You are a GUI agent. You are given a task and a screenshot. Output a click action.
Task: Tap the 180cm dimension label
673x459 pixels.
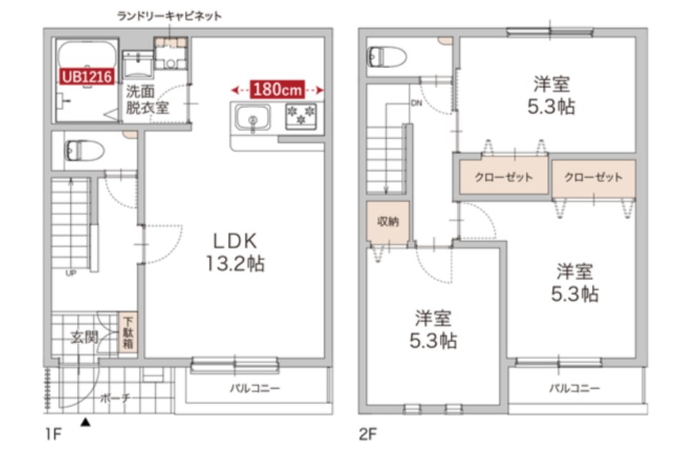[278, 90]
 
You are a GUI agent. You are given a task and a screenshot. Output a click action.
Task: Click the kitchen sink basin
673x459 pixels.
[252, 117]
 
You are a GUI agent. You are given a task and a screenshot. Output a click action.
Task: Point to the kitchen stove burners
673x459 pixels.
[301, 116]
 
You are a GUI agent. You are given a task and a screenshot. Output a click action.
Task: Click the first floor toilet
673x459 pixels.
[84, 151]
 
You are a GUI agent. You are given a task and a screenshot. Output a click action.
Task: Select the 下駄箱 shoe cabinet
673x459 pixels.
[129, 333]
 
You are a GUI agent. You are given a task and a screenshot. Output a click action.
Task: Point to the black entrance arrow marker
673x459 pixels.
[86, 423]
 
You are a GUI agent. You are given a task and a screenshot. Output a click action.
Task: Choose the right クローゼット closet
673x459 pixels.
[593, 178]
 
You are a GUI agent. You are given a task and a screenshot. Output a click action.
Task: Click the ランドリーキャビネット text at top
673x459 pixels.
[170, 15]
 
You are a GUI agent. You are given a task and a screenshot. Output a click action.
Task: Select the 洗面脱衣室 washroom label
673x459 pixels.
[147, 100]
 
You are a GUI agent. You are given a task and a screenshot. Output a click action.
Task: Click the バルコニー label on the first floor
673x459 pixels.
[255, 389]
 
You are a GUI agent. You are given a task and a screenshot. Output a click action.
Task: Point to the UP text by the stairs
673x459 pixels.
[71, 273]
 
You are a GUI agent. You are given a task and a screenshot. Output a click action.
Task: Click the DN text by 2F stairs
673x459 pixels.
[416, 102]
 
